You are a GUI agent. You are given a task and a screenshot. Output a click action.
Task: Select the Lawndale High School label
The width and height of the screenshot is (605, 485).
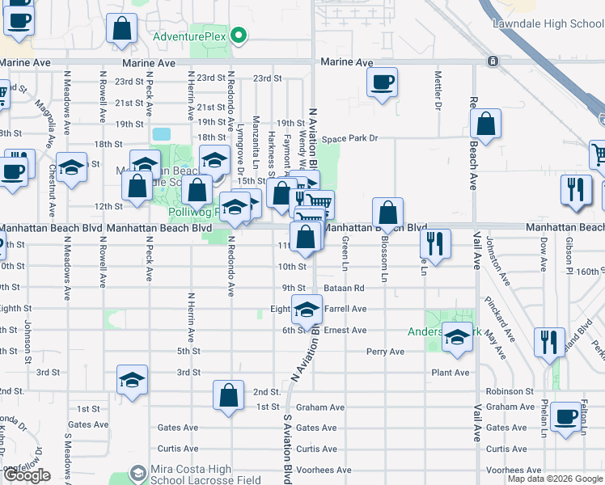[x=548, y=23]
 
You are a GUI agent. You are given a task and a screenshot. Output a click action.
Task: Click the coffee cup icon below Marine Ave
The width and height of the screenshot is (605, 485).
[x=383, y=82]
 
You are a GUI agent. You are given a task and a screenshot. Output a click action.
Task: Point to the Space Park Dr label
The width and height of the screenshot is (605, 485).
[x=349, y=139]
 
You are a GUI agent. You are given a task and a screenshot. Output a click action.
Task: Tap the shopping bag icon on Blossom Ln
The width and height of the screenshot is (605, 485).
[x=388, y=213]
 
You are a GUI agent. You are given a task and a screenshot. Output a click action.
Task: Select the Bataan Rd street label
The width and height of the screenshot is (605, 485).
[x=346, y=288]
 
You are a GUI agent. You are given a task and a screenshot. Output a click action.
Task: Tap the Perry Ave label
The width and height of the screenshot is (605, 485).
[x=385, y=352]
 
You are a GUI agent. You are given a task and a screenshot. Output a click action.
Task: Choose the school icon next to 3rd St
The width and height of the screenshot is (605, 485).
[x=133, y=380]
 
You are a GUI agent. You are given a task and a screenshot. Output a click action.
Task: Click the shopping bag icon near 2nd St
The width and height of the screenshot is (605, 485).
[x=229, y=395]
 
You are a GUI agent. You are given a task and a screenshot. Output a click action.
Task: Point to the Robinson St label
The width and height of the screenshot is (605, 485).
[x=511, y=391]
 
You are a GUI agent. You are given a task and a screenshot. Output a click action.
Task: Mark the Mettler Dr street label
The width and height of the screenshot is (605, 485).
[x=438, y=93]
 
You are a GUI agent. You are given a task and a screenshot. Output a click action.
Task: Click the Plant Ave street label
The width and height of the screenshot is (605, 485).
[x=451, y=373]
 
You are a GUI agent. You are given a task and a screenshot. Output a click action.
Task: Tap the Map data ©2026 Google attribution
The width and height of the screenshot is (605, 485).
[x=556, y=479]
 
